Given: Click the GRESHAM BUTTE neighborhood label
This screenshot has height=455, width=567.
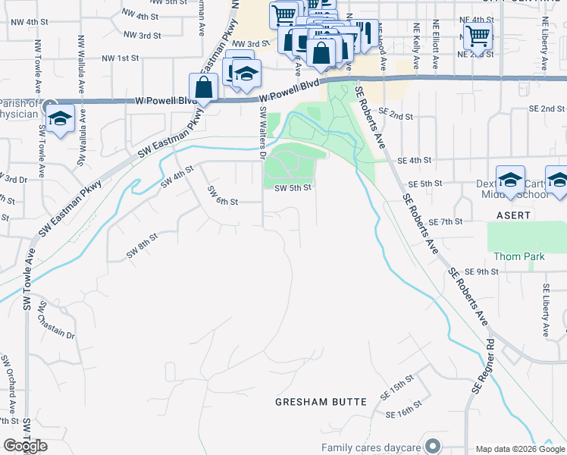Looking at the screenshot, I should tap(321, 402).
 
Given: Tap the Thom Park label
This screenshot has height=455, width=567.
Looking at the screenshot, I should tap(518, 256).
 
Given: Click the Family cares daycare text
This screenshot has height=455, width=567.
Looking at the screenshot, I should tap(370, 447).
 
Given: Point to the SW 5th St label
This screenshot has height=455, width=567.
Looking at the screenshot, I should tap(293, 188).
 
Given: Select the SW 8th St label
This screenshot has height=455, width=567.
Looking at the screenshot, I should tap(142, 246).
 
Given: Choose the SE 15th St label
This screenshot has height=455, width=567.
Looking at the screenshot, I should tap(397, 388).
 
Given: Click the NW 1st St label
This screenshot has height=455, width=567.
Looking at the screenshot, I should tap(121, 58).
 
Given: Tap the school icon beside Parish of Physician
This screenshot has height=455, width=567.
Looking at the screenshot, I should tap(60, 118).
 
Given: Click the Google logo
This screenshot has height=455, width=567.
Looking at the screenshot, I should tap(25, 445).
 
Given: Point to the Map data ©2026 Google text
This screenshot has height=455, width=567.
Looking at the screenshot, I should tap(520, 449).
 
